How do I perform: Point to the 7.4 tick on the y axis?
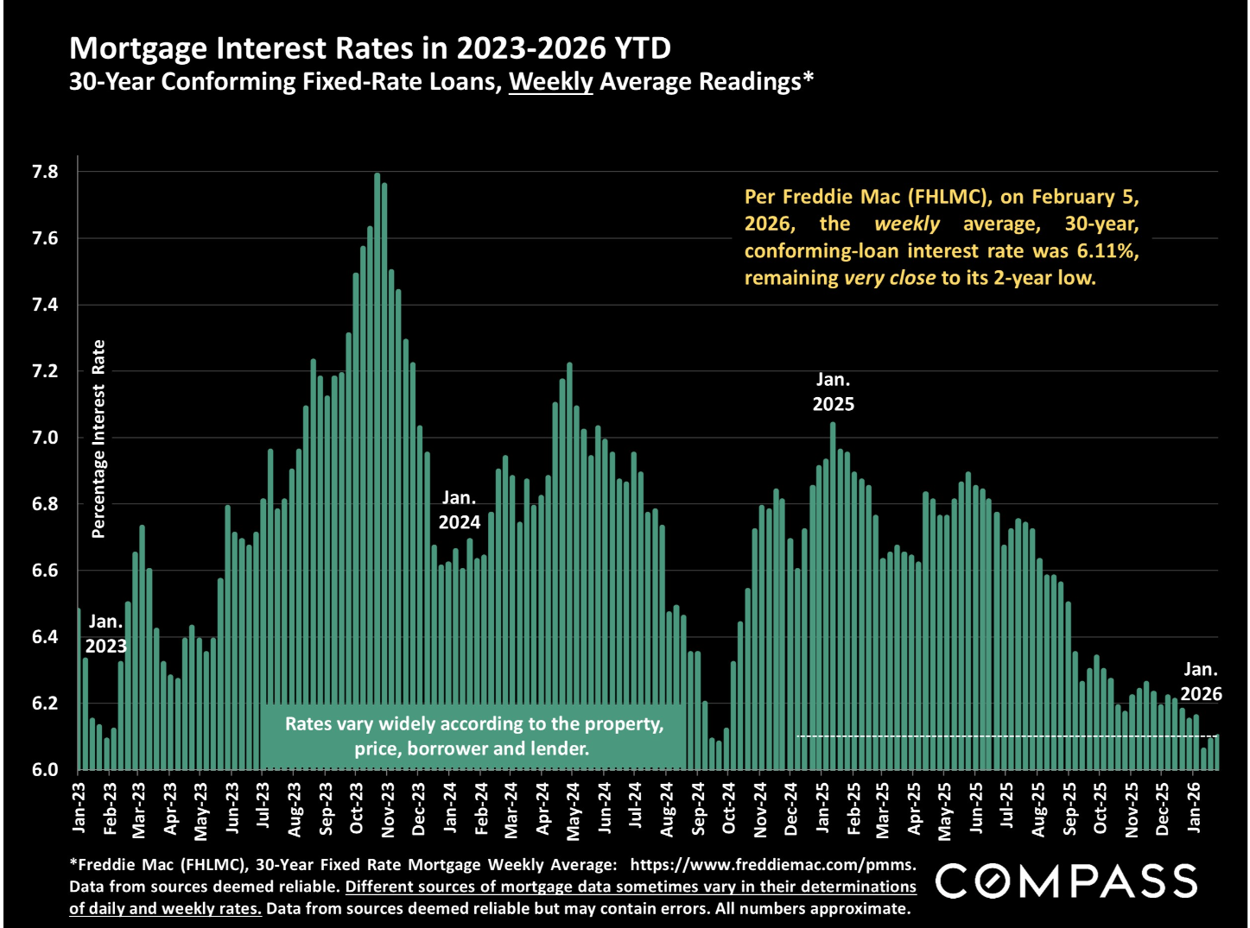click(x=46, y=305)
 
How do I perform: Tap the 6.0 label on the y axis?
click(x=46, y=769)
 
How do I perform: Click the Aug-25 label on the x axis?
click(x=1038, y=809)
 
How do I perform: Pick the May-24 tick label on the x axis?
click(x=574, y=809)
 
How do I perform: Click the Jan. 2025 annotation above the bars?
click(x=833, y=392)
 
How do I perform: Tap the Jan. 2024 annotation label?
click(x=459, y=510)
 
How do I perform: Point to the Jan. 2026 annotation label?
click(x=1201, y=681)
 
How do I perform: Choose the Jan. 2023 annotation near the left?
click(x=105, y=633)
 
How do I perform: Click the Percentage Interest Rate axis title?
click(x=98, y=439)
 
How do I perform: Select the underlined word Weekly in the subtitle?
click(x=550, y=82)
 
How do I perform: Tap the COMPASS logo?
click(x=1066, y=881)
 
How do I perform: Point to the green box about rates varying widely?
click(x=473, y=736)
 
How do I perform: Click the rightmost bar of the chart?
click(x=1216, y=752)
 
